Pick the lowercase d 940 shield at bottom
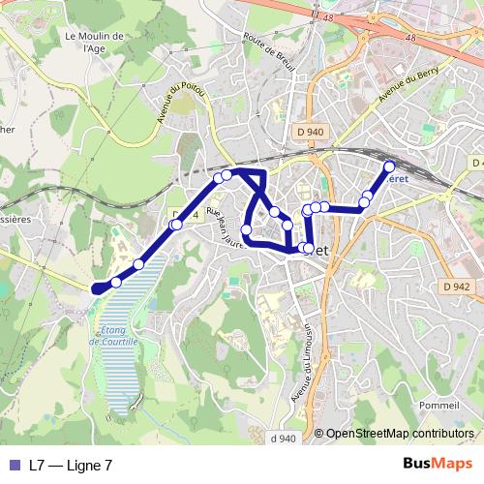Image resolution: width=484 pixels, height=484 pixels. (284, 439)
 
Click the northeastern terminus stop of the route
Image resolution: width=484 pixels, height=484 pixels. (390, 165)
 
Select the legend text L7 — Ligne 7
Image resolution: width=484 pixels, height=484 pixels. (71, 465)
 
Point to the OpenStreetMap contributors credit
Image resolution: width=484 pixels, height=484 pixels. (400, 434)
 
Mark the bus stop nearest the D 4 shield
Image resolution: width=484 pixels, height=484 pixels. (175, 226)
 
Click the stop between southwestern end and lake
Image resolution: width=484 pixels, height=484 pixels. (116, 282)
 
